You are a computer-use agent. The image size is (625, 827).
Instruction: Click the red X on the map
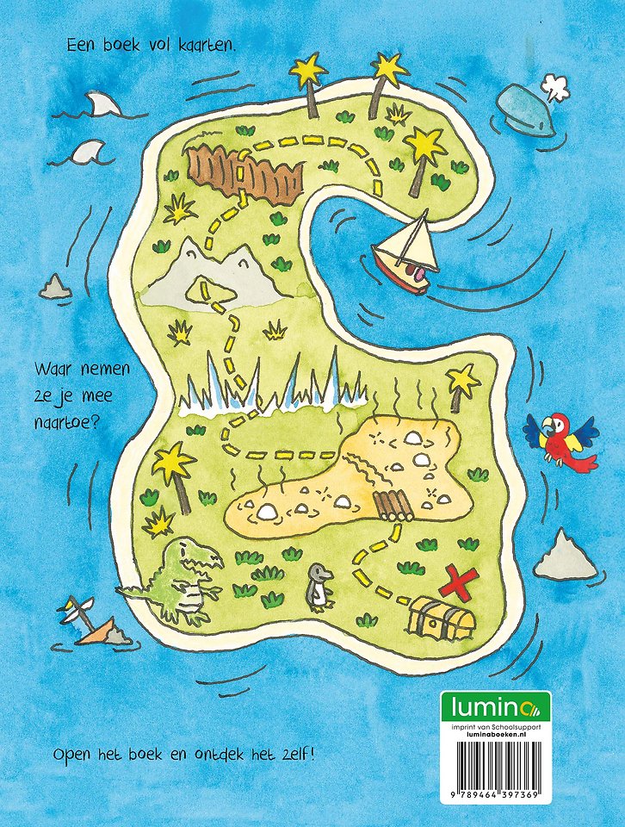pos(458,584)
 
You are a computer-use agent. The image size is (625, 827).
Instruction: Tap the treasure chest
pos(444,618)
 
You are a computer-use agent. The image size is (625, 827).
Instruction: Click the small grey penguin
pos(321,588)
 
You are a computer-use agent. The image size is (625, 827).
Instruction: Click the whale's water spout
pos(552,83)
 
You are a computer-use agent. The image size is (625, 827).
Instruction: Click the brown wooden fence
pos(246,172)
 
